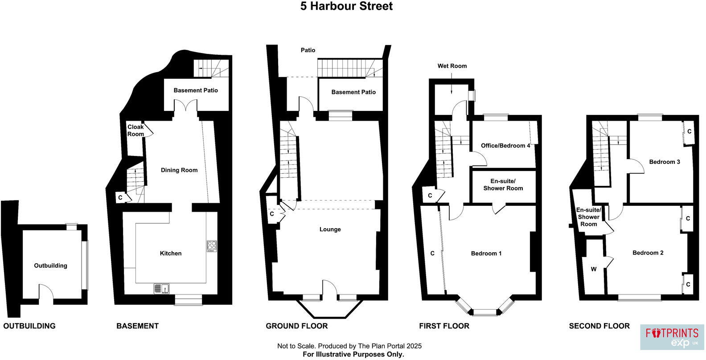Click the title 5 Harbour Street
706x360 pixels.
pos(346,6)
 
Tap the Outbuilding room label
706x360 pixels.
pos(51,266)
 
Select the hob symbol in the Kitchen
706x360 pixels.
pos(211,246)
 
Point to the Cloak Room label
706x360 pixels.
pos(135,131)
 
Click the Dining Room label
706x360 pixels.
pos(179,170)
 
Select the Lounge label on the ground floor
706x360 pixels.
pos(330,229)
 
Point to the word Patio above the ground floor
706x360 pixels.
pos(308,50)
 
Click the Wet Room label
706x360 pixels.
pos(452,66)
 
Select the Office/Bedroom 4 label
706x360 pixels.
pos(505,146)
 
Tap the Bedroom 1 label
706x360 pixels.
pos(486,254)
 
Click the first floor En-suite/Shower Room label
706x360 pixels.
pos(503,184)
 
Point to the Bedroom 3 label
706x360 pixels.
pos(664,162)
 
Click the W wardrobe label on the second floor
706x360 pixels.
pos(593,269)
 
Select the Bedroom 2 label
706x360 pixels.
pos(648,253)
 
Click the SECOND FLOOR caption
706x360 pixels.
pos(599,326)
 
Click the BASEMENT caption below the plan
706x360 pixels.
pos(137,326)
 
